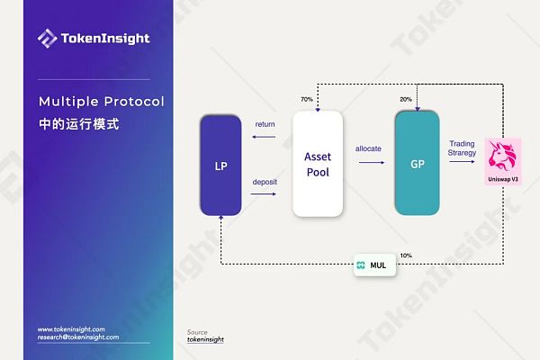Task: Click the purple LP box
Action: click(220, 166)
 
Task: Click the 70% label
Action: click(306, 99)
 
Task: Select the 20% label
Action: click(406, 99)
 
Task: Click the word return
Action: click(265, 123)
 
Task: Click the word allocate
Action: click(369, 147)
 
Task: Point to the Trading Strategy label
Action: click(462, 148)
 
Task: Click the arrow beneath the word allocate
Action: click(371, 164)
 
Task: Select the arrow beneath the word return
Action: click(265, 138)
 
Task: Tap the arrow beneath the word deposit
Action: click(265, 194)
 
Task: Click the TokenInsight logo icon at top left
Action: click(47, 38)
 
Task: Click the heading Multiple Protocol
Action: click(102, 100)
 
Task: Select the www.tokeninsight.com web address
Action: click(72, 329)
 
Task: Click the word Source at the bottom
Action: click(197, 332)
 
